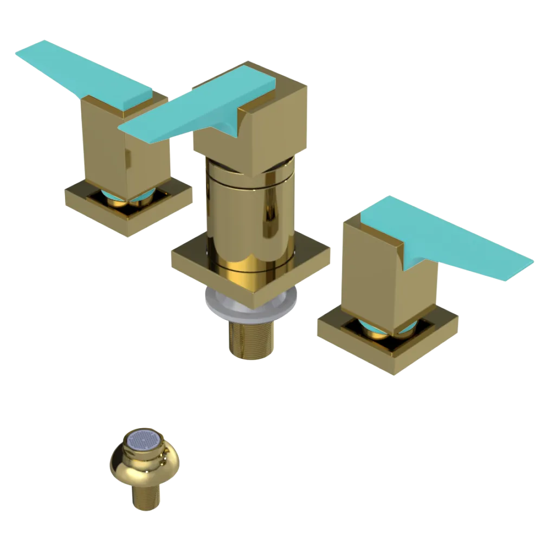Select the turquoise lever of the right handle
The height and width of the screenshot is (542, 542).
coord(444,238)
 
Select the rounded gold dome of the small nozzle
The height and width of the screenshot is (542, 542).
coord(144,469)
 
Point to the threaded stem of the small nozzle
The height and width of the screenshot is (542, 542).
coord(145,496)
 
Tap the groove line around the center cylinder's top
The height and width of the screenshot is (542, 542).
coord(249,179)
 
